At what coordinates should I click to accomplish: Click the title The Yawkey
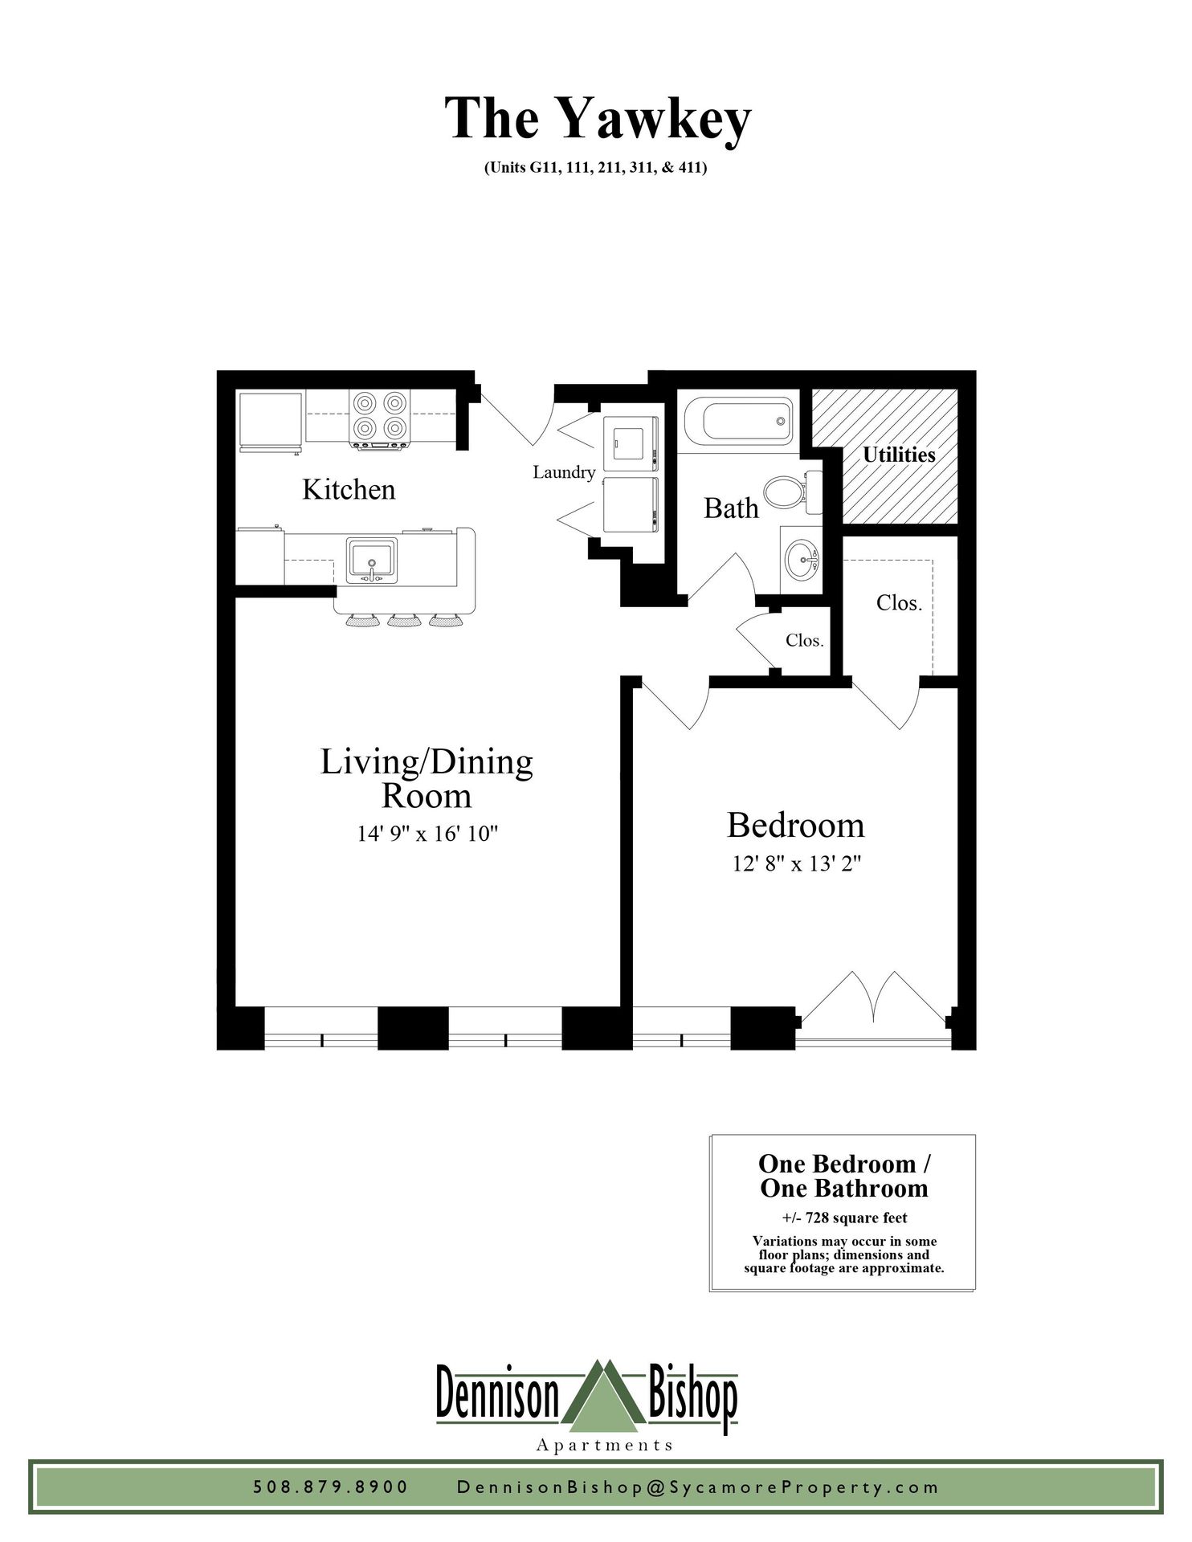(x=598, y=120)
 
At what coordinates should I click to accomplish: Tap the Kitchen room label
(x=349, y=489)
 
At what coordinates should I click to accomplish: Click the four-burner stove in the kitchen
(x=380, y=418)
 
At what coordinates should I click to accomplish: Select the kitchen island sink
(x=371, y=560)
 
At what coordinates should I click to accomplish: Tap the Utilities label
(x=899, y=455)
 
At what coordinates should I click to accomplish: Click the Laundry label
(x=564, y=472)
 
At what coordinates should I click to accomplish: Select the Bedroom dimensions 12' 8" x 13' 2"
(x=797, y=864)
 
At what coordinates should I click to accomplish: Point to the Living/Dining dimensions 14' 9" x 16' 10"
(x=428, y=834)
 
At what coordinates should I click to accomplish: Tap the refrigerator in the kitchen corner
(x=270, y=421)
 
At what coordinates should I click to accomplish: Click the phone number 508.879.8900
(x=331, y=1487)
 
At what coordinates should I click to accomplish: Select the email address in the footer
(x=698, y=1487)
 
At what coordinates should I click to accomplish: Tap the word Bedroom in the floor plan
(x=796, y=826)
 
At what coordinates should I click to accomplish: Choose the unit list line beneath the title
(x=595, y=169)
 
